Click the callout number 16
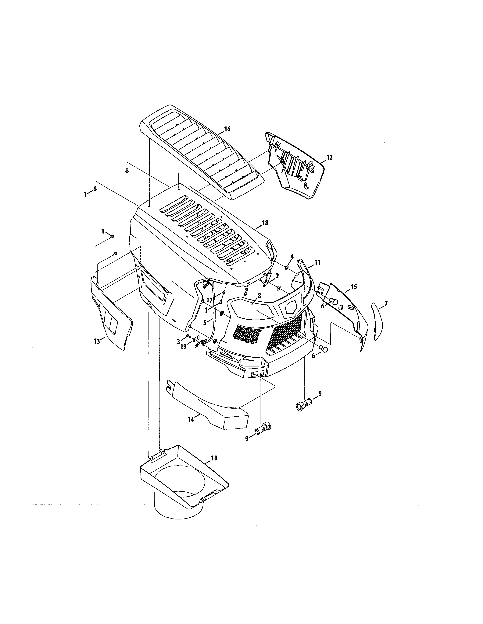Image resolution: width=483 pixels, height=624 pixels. [227, 129]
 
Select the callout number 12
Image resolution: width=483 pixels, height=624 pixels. [329, 158]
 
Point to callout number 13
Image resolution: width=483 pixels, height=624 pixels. [97, 341]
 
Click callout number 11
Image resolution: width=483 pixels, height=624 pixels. [317, 262]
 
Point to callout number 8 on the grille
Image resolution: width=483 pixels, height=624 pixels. [259, 296]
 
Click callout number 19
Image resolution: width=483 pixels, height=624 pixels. [183, 347]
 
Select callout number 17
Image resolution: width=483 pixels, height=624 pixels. [209, 300]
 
